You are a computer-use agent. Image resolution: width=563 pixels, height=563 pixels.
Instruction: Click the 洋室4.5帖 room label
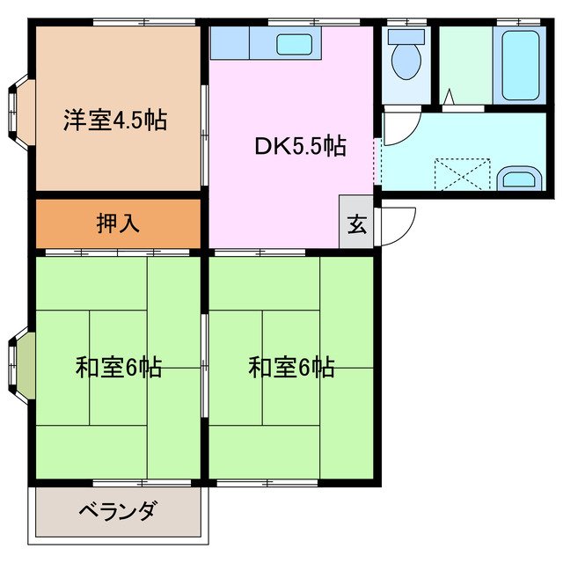(115, 120)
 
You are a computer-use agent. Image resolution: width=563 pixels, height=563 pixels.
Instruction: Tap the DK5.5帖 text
(300, 147)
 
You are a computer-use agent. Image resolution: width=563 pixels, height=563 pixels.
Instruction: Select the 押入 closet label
(118, 223)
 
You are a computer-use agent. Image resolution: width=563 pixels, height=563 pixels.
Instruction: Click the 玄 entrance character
(356, 225)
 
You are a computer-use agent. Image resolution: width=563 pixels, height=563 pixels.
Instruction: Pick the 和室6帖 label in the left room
(118, 367)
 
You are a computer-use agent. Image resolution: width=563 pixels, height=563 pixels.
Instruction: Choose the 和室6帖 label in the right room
(291, 367)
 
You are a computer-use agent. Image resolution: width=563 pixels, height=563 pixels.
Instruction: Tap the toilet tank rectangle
(406, 37)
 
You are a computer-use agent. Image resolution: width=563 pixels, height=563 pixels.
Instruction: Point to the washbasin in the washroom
(519, 179)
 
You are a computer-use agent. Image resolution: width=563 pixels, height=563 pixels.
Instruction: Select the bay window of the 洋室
(20, 110)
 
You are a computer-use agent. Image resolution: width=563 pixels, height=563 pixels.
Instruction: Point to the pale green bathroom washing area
(465, 66)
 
